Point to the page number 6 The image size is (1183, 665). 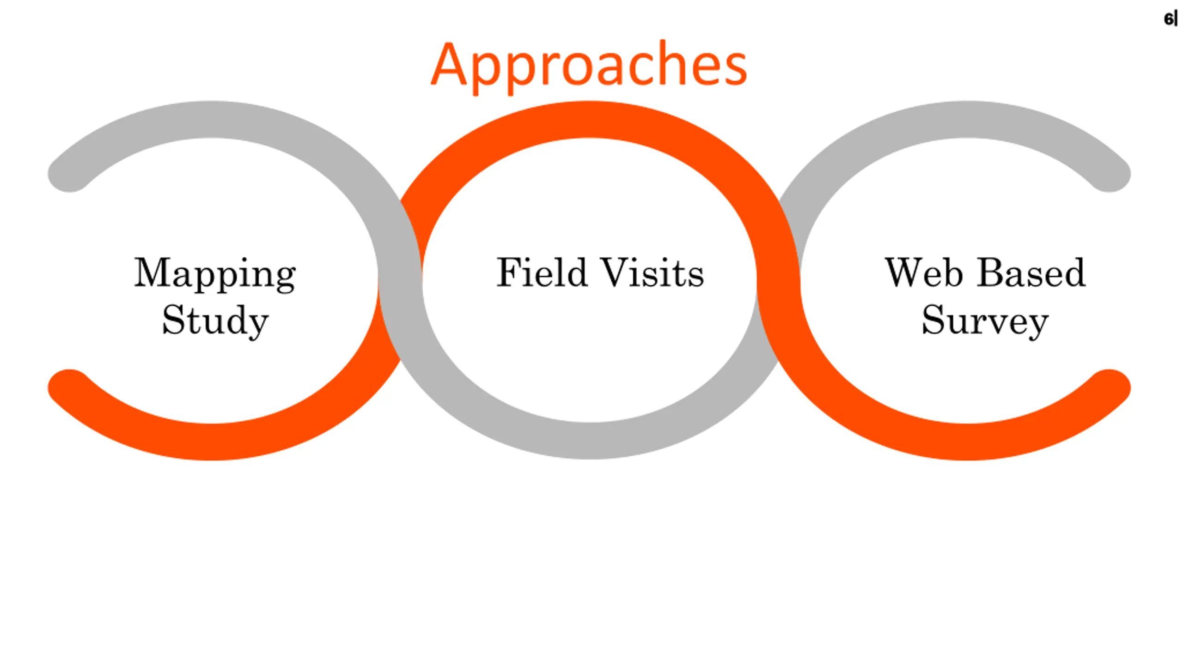coord(1168,19)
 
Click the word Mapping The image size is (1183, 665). coord(215,274)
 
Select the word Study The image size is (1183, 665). coord(215,321)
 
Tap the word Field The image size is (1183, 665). coord(542,272)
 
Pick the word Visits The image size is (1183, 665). coord(652,272)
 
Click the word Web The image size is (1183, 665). coord(924,272)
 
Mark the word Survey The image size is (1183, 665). coord(985,321)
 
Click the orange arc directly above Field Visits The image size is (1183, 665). coord(589,120)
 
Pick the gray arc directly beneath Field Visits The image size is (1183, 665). coord(589,441)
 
